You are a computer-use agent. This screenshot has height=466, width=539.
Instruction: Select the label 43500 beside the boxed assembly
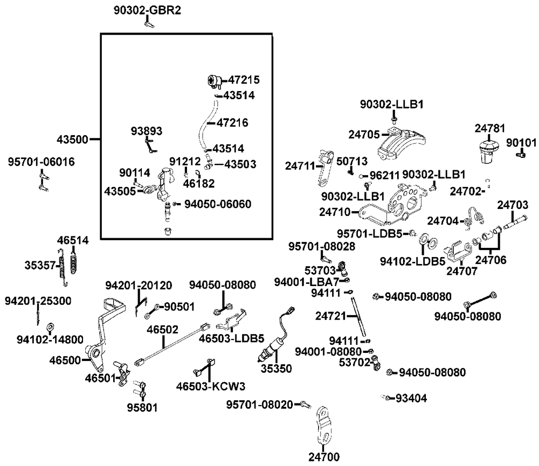[x=72, y=139]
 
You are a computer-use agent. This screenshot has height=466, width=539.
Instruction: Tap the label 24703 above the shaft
[x=513, y=205]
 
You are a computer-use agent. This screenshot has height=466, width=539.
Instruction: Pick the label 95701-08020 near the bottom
[x=259, y=404]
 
